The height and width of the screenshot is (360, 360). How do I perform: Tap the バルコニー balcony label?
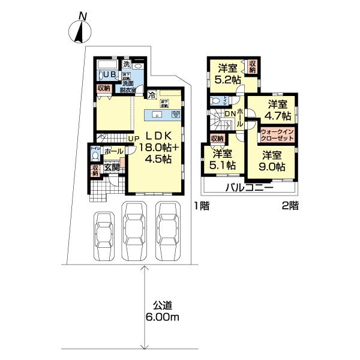click(250, 188)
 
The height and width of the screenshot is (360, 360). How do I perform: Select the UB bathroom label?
click(110, 74)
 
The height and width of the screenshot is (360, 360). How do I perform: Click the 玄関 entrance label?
click(112, 167)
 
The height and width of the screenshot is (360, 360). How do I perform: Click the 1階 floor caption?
click(202, 206)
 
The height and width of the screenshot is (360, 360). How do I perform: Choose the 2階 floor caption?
click(290, 206)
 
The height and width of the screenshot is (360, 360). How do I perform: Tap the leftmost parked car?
click(103, 235)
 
